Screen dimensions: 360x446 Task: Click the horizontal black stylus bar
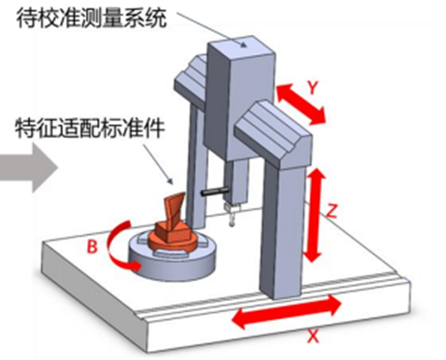tap(215, 192)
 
